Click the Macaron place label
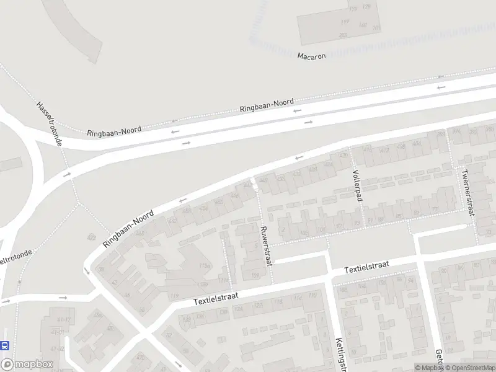pyautogui.click(x=311, y=55)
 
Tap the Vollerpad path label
pyautogui.click(x=356, y=185)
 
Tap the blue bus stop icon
pyautogui.click(x=5, y=345)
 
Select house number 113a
pyautogui.click(x=204, y=265)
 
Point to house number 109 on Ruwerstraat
pyautogui.click(x=254, y=275)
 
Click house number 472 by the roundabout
pyautogui.click(x=92, y=237)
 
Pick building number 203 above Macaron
pyautogui.click(x=343, y=35)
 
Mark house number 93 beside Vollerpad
pyautogui.click(x=356, y=224)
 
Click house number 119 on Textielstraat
pyautogui.click(x=174, y=295)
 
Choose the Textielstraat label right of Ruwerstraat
pyautogui.click(x=368, y=267)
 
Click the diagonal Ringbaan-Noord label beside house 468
pyautogui.click(x=128, y=229)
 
